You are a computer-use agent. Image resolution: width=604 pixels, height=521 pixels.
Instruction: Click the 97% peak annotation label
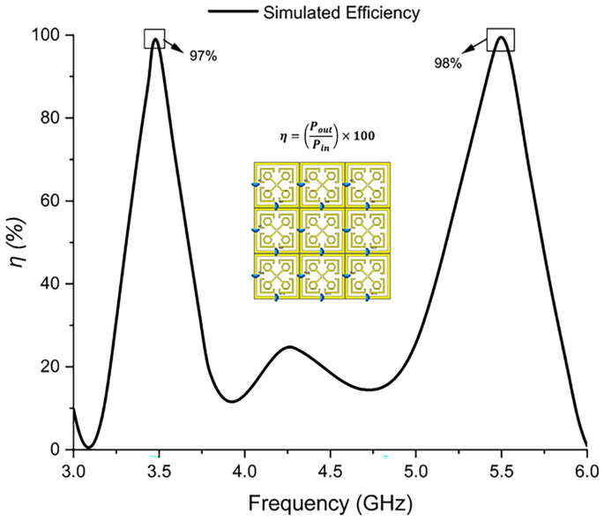203,56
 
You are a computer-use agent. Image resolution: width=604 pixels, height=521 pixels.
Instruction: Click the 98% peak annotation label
447,64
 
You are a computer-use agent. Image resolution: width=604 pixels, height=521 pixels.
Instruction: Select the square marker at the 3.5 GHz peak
155,39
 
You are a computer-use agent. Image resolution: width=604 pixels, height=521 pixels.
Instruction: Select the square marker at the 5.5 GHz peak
501,40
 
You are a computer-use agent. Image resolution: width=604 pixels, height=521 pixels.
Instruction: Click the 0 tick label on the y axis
56,449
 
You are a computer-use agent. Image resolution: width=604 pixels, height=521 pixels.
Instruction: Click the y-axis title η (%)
18,242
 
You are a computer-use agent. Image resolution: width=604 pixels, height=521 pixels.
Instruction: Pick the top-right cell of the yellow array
367,185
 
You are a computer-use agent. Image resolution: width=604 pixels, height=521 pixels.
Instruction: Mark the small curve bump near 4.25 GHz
289,347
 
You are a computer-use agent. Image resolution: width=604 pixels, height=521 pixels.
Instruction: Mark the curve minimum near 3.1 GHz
88,448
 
